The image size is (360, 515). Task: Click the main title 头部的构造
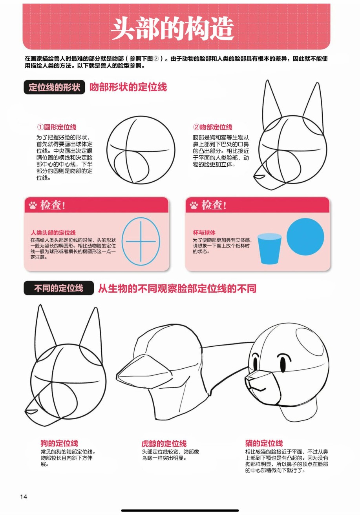(172, 29)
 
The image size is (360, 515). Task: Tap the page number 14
(24, 497)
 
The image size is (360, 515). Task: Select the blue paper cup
(269, 249)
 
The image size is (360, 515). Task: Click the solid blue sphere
(305, 237)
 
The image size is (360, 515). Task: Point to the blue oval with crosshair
(122, 241)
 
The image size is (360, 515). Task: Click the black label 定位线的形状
(54, 87)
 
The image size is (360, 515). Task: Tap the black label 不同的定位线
(59, 288)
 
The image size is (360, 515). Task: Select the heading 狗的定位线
(59, 443)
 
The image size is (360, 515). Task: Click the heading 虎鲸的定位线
(164, 443)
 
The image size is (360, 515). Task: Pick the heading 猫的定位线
(264, 443)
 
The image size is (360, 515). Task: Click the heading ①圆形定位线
(57, 127)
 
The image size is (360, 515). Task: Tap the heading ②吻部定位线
(213, 127)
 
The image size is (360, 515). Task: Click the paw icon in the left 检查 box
(33, 205)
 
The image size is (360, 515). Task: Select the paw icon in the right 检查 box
(194, 205)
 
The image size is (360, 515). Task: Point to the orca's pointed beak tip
(117, 375)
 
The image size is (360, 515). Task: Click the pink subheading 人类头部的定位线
(53, 233)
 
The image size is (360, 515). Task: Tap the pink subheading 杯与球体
(204, 233)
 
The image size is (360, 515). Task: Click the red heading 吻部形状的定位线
(128, 87)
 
